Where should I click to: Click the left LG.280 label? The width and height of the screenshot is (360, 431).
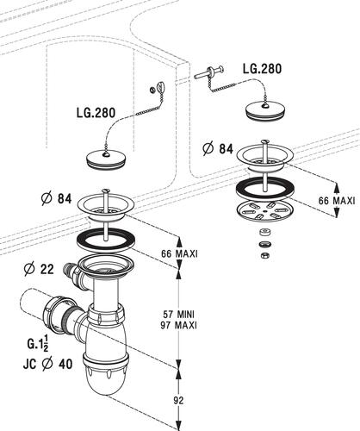(x=96, y=113)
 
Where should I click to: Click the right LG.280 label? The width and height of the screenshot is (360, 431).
(x=262, y=69)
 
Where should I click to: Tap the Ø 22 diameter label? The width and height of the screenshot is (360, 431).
(x=39, y=269)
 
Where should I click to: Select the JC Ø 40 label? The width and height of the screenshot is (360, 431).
(x=47, y=365)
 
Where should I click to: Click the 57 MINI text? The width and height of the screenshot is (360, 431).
(x=178, y=314)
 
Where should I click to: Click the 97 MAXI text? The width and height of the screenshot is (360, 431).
(x=178, y=326)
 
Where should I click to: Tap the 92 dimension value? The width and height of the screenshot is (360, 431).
(x=178, y=400)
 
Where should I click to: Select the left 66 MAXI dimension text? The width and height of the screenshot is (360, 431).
(x=179, y=254)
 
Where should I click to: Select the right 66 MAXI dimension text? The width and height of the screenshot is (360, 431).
(x=337, y=201)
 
